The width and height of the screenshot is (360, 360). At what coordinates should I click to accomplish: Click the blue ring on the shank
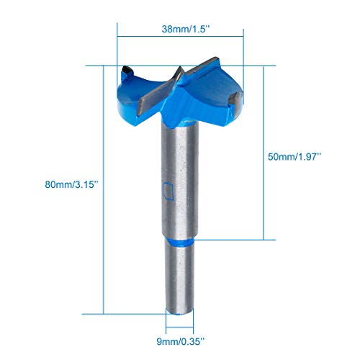coord(178,243)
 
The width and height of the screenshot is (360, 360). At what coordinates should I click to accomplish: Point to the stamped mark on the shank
coord(168,192)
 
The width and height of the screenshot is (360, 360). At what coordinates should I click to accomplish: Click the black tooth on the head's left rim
coord(126,71)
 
